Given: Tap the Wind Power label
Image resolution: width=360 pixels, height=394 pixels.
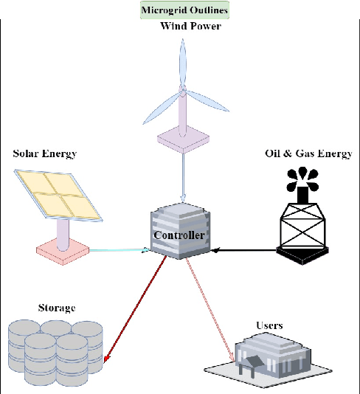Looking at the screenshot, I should click(x=191, y=27).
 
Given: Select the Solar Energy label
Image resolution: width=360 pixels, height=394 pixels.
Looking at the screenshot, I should click(x=45, y=153).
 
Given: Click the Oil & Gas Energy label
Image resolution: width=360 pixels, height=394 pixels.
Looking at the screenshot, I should click(x=308, y=153).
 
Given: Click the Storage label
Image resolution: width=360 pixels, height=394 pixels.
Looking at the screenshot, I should click(x=56, y=307).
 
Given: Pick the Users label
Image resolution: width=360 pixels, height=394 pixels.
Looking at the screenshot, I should click(x=270, y=325).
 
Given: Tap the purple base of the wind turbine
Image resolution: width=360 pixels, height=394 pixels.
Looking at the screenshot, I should click(x=181, y=138).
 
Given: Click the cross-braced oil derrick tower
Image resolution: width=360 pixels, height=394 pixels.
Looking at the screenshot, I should click(x=302, y=229).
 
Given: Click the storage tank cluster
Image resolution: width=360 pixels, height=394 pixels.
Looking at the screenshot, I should click(x=55, y=350).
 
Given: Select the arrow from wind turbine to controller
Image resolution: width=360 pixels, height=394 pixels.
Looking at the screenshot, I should click(x=181, y=177).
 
